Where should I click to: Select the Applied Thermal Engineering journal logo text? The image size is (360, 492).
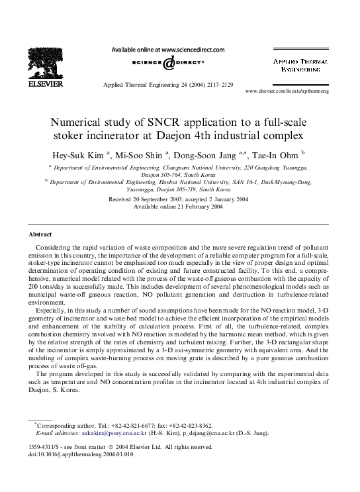point(301,64)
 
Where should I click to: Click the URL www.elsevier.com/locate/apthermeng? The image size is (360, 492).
point(296,91)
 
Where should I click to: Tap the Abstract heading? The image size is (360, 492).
point(40,234)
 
